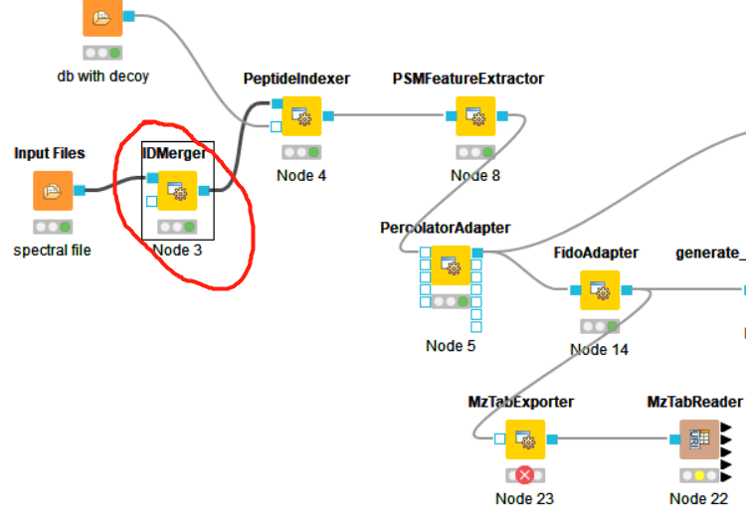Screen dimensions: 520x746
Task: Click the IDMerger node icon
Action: click(177, 191)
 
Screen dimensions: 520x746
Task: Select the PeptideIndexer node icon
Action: click(300, 116)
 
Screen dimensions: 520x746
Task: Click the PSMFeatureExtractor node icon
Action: click(475, 116)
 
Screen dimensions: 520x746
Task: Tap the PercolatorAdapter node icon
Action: click(451, 265)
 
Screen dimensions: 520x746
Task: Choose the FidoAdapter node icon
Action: click(599, 290)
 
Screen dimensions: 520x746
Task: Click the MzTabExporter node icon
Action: click(524, 438)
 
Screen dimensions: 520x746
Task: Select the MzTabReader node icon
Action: click(699, 438)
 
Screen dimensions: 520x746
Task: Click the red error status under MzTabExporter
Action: click(524, 474)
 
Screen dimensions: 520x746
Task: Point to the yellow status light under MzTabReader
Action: click(699, 474)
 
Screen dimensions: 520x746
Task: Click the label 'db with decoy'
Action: click(102, 76)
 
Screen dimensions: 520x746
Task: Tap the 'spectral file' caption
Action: click(52, 251)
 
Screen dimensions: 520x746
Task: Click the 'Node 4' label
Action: click(300, 176)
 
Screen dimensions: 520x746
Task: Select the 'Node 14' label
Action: click(599, 350)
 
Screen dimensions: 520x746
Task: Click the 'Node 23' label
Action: click(524, 498)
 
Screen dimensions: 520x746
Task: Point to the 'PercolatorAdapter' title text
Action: click(445, 228)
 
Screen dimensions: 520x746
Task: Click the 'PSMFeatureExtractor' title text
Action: click(468, 79)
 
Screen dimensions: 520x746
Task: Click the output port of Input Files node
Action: click(80, 191)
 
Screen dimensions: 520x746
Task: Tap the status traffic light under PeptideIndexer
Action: click(300, 152)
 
